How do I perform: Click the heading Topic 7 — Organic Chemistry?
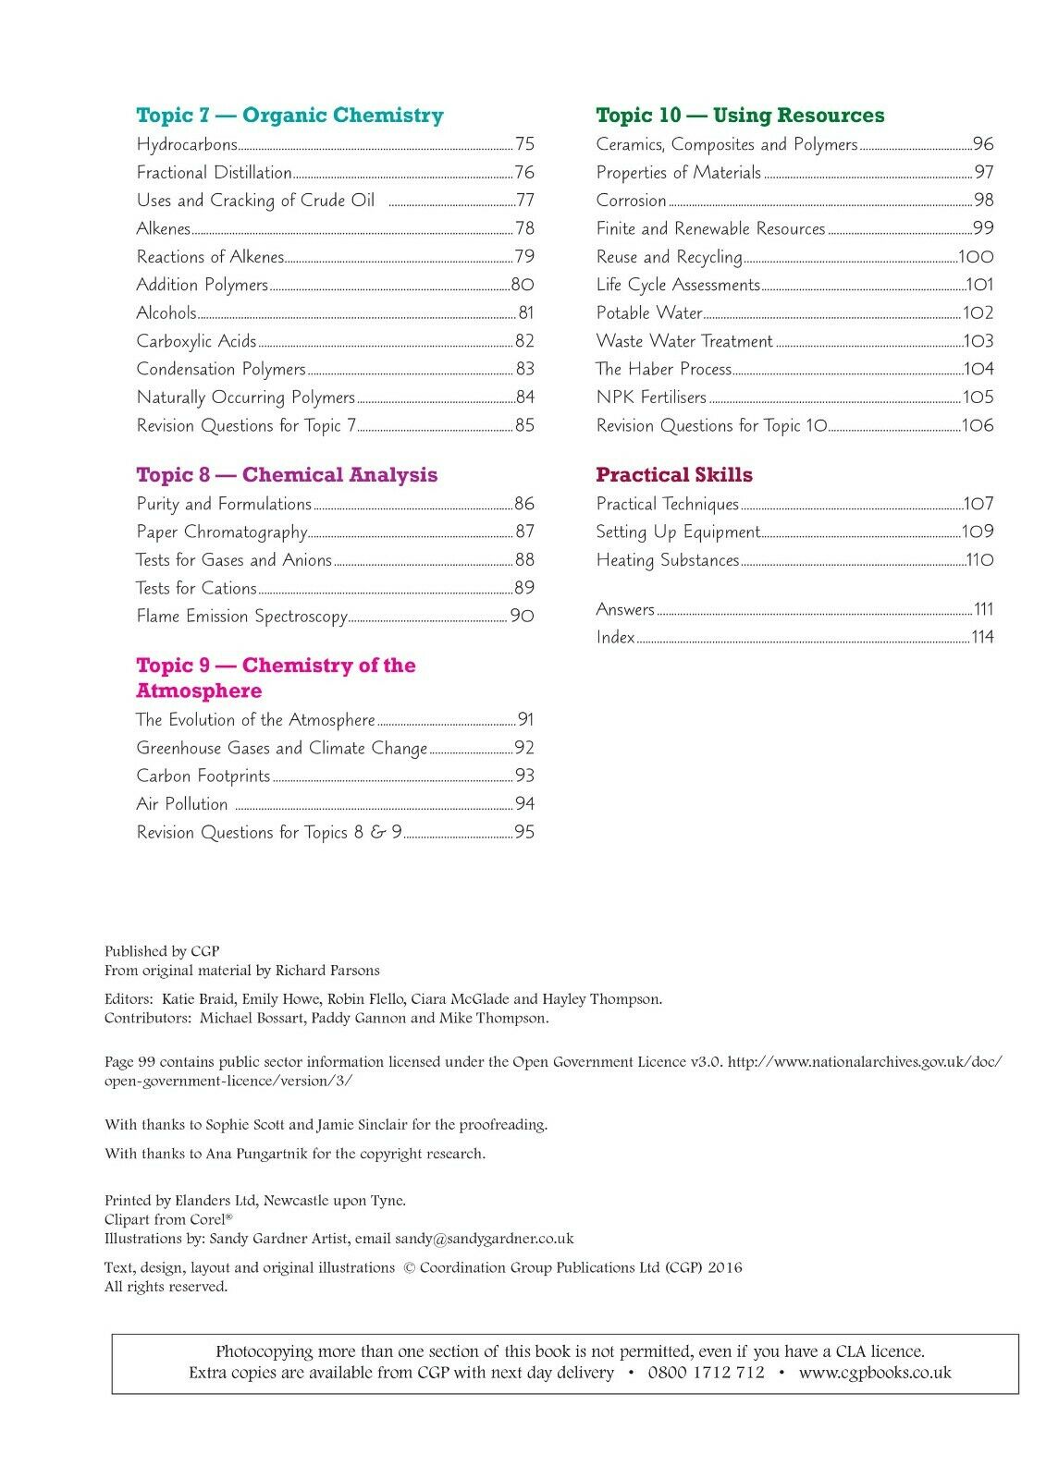(289, 116)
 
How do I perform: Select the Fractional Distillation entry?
(214, 173)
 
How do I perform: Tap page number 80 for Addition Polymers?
(523, 285)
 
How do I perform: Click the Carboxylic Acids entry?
(196, 341)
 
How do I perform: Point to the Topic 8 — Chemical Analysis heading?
(287, 475)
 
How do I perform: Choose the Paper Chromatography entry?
(222, 532)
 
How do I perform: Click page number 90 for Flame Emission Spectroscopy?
(523, 616)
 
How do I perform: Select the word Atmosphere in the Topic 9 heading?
(199, 691)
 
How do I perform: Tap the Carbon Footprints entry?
(203, 776)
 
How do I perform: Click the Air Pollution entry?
(182, 804)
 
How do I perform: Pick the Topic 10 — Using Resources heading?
(740, 116)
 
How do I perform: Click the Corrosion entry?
(631, 201)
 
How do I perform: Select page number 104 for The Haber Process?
(978, 369)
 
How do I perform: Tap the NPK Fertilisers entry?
(651, 397)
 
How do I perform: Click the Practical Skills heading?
(674, 475)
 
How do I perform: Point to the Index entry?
(615, 637)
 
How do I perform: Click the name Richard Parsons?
(327, 971)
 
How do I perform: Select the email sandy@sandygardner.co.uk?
(484, 1239)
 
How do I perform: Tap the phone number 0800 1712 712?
(707, 1373)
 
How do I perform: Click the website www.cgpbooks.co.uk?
(875, 1373)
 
